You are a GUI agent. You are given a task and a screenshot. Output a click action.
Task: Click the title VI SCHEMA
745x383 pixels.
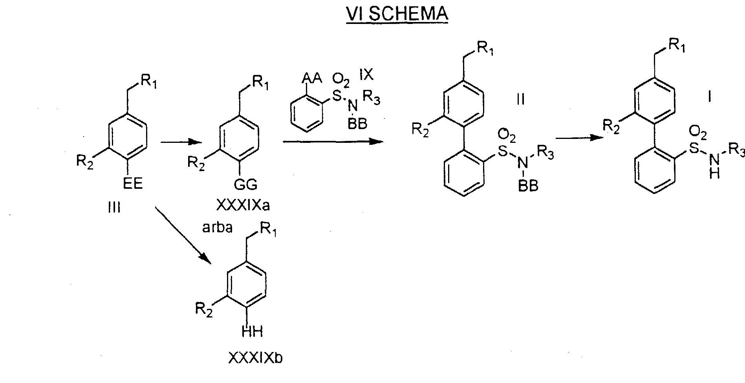point(397,14)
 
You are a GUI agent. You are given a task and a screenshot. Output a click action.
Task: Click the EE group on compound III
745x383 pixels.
point(133,184)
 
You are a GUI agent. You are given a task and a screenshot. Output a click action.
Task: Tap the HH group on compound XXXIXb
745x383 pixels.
point(252,332)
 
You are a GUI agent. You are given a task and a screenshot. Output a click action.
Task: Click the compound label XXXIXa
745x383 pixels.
point(243,206)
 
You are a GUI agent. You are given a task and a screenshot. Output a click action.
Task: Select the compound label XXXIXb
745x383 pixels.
point(255,358)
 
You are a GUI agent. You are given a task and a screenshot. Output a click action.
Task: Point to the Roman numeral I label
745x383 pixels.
point(710,97)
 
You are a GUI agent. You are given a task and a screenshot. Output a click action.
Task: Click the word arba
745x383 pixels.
point(218,228)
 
